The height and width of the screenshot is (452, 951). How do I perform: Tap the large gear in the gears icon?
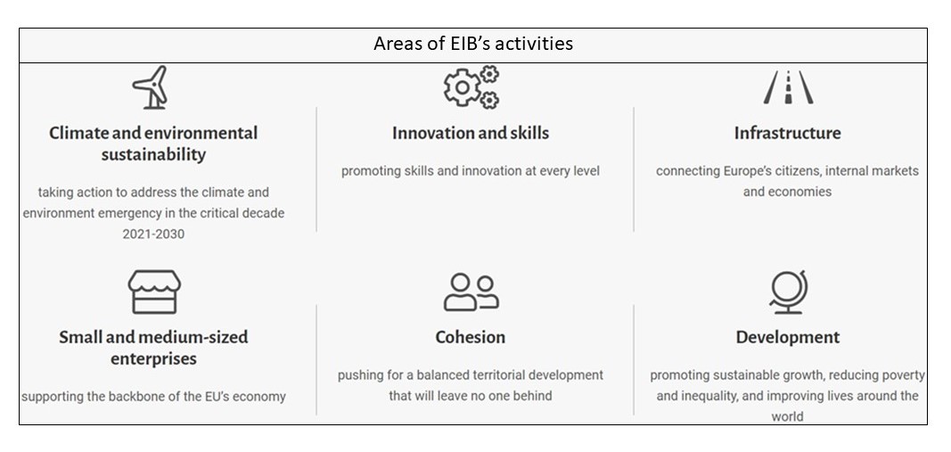(463, 88)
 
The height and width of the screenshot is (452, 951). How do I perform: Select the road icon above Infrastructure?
(788, 87)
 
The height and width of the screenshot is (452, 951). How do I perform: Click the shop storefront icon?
(154, 292)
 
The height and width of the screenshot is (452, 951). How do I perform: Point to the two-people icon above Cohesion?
(471, 292)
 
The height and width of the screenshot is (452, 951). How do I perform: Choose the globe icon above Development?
(788, 292)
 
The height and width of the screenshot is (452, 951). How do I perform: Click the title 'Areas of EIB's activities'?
(473, 44)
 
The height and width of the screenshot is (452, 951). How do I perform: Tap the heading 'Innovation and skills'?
(471, 133)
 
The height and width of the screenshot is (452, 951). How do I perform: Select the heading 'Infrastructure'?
(787, 133)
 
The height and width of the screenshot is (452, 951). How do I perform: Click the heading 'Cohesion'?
(470, 337)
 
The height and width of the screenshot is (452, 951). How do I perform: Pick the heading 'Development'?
(788, 337)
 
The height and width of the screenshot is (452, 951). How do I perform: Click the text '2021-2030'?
(153, 234)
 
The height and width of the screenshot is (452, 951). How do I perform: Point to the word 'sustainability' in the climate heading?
(153, 155)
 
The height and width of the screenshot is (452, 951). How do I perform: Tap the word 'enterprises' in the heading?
(153, 358)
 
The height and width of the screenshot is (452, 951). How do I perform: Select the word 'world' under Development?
(787, 417)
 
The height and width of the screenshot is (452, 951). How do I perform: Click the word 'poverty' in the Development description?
(905, 375)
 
